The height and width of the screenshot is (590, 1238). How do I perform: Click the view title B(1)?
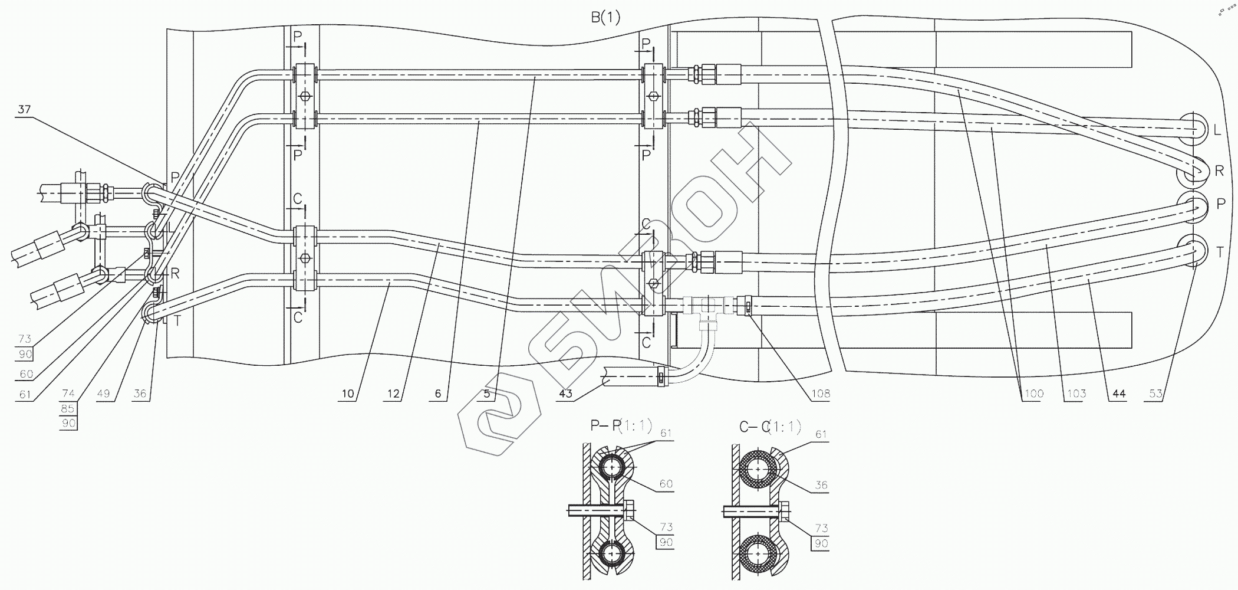(605, 18)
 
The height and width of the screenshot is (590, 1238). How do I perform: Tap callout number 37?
(24, 110)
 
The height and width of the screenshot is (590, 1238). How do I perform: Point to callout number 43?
(565, 394)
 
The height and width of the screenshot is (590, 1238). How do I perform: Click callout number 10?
(348, 394)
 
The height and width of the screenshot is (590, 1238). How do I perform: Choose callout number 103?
(1076, 394)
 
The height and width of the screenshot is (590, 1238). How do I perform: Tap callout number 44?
(1118, 394)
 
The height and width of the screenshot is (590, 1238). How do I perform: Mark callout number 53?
(1155, 394)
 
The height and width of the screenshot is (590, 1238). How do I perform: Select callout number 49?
(103, 394)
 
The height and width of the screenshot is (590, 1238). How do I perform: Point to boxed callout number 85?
(69, 408)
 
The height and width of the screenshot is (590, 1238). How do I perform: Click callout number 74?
(69, 394)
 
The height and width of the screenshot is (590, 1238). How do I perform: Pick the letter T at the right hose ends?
(1220, 253)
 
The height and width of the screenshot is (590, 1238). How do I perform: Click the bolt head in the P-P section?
(630, 510)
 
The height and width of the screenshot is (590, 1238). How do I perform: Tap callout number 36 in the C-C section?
(821, 485)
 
